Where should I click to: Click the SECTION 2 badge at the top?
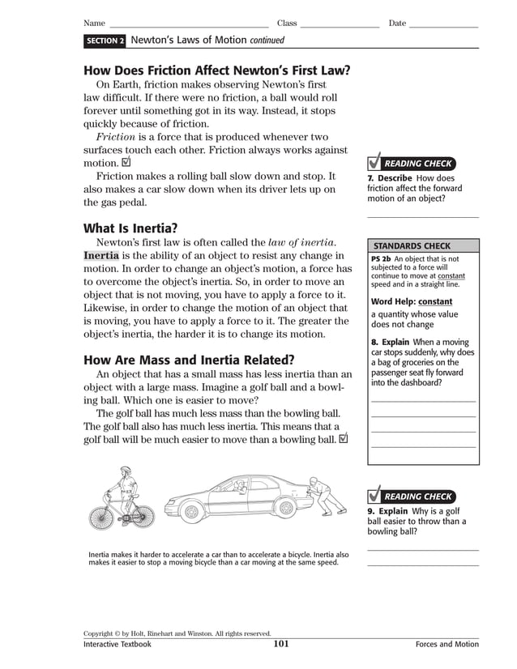point(105,40)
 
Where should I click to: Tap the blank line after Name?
point(189,24)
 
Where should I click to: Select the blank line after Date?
point(443,24)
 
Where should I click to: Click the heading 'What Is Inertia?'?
point(130,228)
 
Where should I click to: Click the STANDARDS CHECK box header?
point(412,246)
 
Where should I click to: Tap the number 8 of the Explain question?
point(374,343)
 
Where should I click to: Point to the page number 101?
point(281,645)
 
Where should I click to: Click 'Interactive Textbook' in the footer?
point(117,645)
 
